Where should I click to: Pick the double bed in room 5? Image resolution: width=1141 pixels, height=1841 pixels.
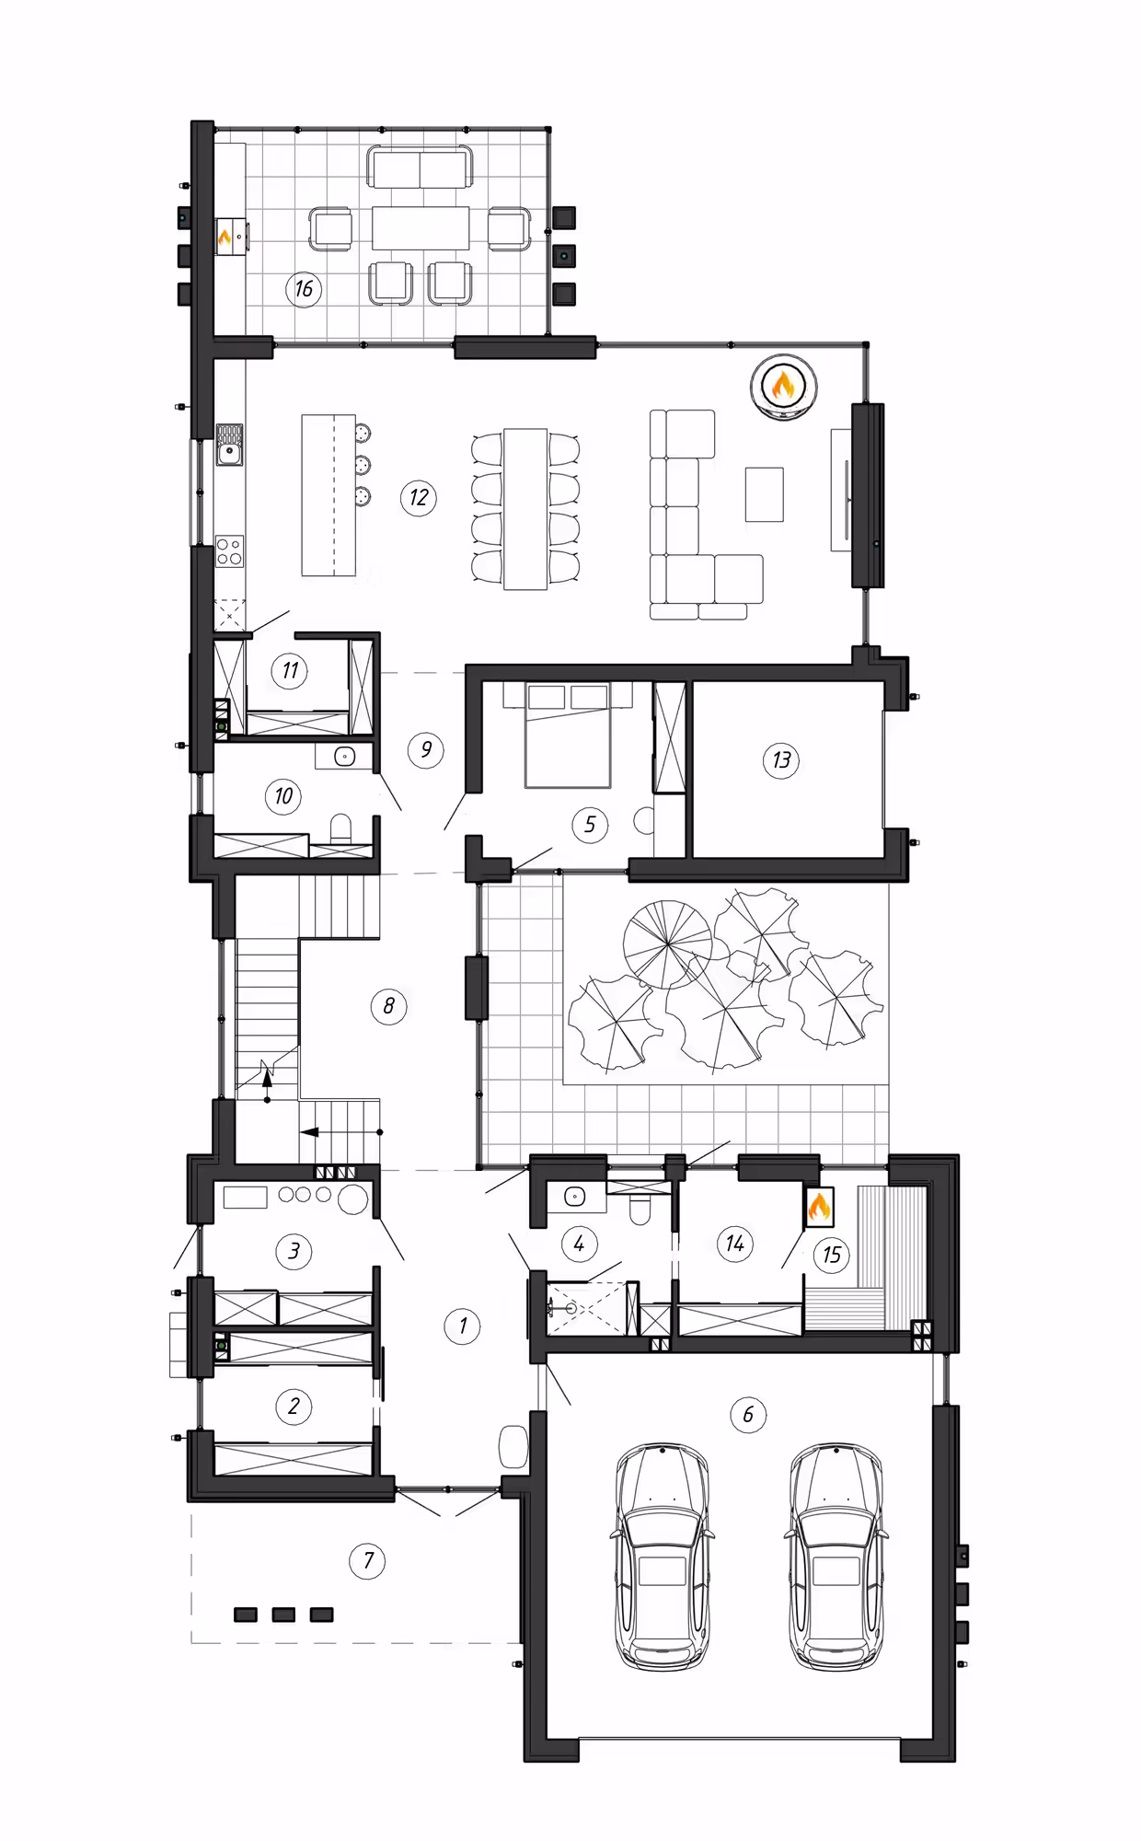coord(568,735)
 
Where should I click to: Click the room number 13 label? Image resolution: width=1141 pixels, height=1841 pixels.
coord(781,760)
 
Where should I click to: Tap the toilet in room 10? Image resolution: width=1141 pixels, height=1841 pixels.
coord(340,828)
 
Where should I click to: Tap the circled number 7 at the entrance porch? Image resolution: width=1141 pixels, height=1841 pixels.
coord(368,1559)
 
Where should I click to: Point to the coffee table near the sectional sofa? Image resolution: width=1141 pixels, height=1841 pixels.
coord(765,493)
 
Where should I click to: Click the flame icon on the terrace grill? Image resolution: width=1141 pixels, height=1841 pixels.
coord(225,238)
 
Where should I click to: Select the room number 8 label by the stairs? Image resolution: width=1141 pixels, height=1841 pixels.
coord(387,1005)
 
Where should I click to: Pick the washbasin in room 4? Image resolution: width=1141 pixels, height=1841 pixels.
coord(575,1198)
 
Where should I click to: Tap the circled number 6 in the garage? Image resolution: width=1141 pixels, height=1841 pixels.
coord(747,1413)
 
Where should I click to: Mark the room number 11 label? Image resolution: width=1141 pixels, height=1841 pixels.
coord(290,670)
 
